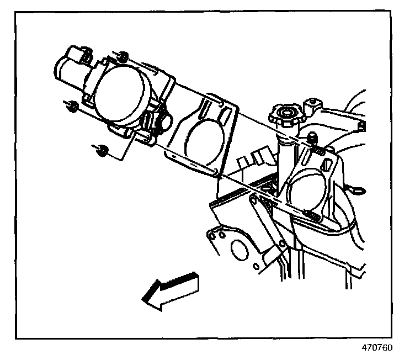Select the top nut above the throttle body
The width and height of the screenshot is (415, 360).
click(124, 57)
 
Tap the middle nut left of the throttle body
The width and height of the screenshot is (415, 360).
click(72, 107)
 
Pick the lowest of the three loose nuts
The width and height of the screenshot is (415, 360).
click(101, 150)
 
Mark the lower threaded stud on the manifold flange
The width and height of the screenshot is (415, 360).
click(310, 215)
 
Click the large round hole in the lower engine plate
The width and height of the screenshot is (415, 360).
click(239, 250)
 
